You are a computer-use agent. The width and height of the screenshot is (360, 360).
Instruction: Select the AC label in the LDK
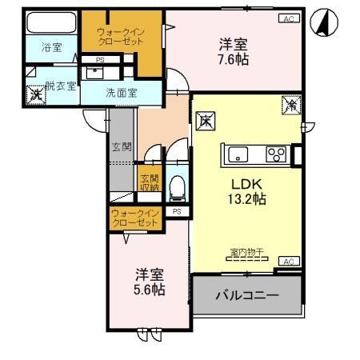(x=288, y=261)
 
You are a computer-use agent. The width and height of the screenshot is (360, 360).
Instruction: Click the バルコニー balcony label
(x=247, y=295)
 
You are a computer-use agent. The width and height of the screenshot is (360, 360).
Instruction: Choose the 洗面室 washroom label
(x=122, y=93)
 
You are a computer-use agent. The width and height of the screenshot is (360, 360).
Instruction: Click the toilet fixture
(x=178, y=188)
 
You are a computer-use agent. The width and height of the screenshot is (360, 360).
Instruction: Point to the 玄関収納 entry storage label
(x=150, y=183)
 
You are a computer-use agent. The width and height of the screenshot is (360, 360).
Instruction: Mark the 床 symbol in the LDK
(x=206, y=122)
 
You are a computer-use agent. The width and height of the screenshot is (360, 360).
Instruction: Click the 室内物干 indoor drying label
(x=247, y=253)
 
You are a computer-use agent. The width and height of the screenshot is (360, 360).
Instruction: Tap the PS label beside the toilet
(x=176, y=211)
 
